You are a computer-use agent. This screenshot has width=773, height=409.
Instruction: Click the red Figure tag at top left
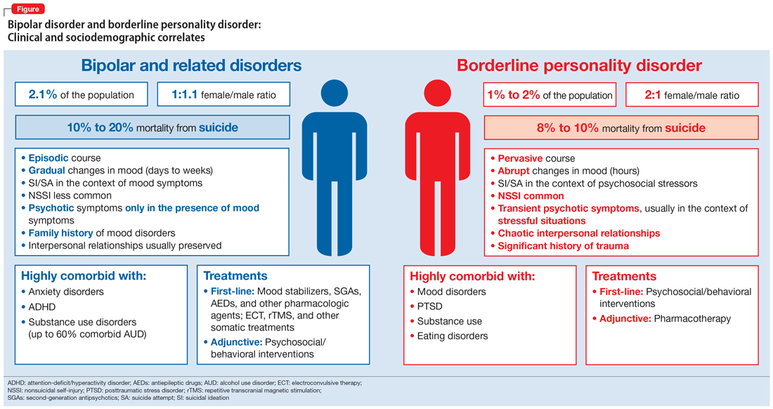28,9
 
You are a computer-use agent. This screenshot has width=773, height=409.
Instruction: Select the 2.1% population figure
43,94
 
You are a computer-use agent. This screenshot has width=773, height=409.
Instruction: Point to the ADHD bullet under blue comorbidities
43,306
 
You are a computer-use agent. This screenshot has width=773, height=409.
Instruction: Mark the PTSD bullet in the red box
430,306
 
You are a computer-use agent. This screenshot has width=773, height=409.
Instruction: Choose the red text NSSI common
531,196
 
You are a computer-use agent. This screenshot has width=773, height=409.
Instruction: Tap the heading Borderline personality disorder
579,65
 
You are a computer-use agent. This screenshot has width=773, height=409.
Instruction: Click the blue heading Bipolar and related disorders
191,65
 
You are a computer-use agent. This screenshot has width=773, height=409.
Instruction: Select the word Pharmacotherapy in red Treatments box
692,318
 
